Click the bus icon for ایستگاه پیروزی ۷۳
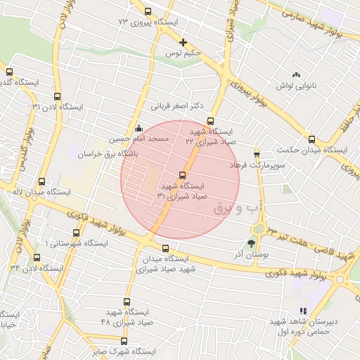coord(148,12)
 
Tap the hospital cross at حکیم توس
coord(183,43)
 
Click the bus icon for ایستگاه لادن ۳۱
coord(57,97)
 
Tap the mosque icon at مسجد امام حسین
coord(139,128)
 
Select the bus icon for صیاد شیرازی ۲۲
coord(210,121)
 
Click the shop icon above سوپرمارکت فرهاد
coord(257,153)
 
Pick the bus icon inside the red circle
coord(182,175)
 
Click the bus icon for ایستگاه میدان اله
coord(42,181)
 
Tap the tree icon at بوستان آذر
coord(252,245)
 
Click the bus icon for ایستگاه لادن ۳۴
coord(37,258)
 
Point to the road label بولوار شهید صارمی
coord(319,20)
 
